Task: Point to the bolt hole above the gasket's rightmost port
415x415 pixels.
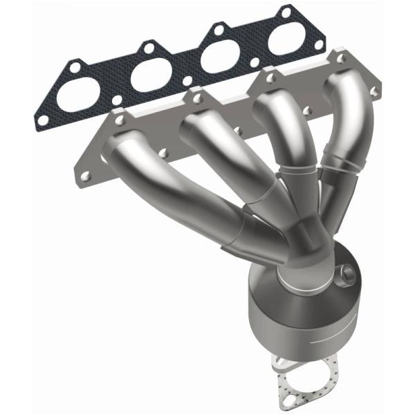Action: (x=284, y=12)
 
